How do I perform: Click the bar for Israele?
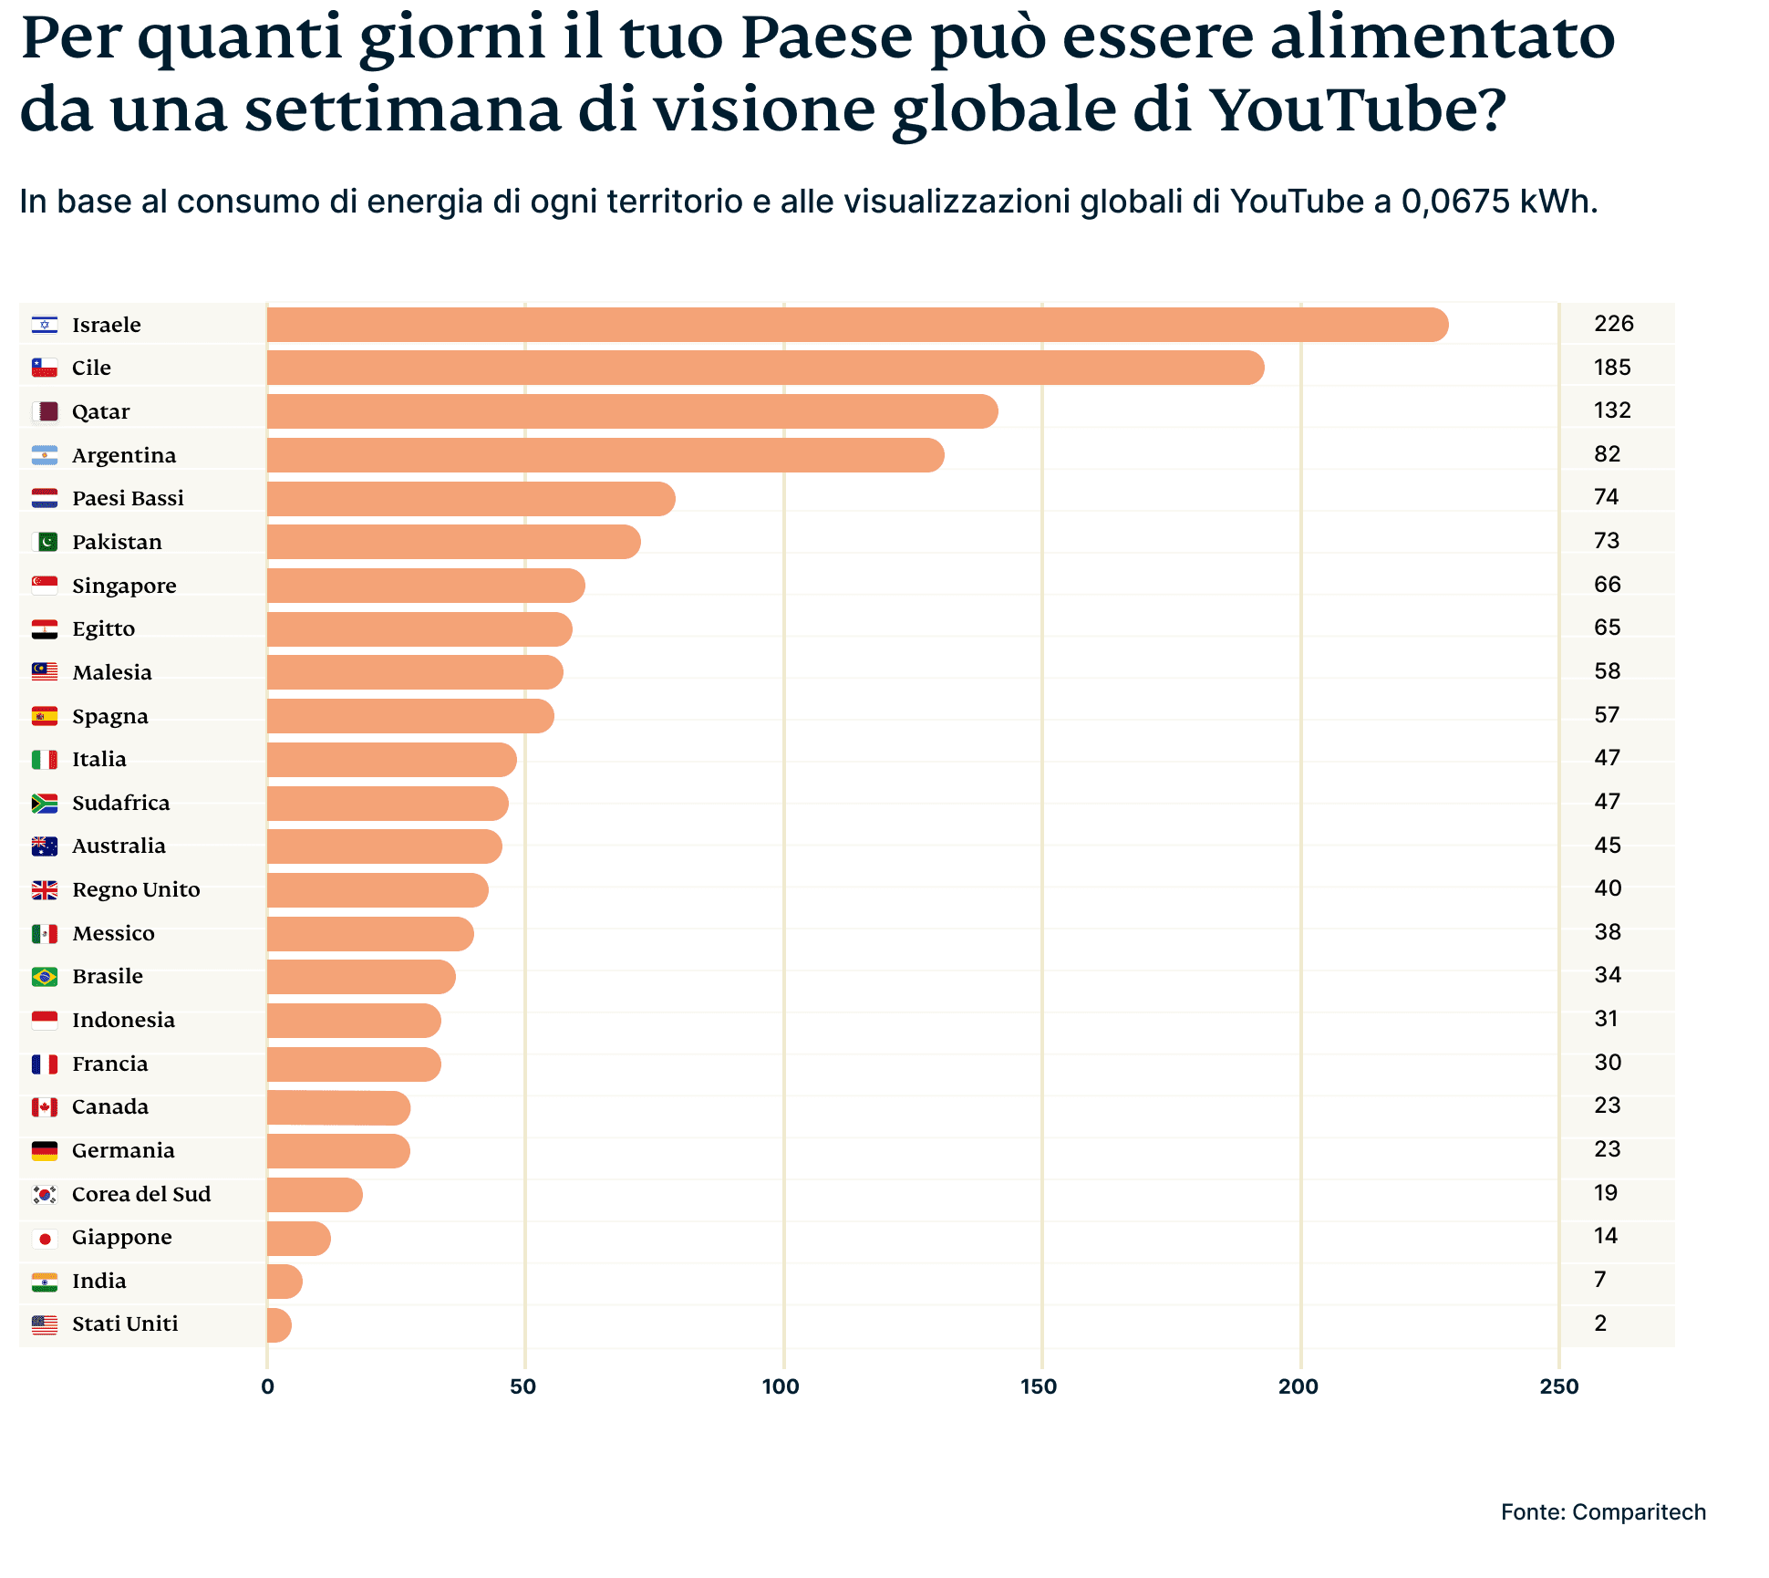tap(857, 325)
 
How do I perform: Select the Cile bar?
tap(766, 368)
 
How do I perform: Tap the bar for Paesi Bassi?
tap(471, 499)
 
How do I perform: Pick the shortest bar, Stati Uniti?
tap(279, 1325)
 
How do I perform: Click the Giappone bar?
tap(298, 1239)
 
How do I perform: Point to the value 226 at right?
tap(1613, 324)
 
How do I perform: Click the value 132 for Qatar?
tap(1611, 410)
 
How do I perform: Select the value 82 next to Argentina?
tap(1607, 454)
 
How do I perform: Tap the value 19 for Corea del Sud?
tap(1605, 1193)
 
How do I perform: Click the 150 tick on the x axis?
tap(1039, 1386)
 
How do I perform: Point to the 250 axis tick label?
tap(1558, 1386)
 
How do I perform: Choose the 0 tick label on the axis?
tap(267, 1386)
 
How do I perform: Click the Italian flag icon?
tap(45, 760)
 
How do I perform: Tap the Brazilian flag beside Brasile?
tap(45, 977)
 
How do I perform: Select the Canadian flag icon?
tap(45, 1107)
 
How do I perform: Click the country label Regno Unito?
tap(136, 890)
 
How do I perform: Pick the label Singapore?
tap(124, 586)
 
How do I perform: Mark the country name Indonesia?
tap(123, 1020)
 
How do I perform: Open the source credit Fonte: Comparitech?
tap(1603, 1512)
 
